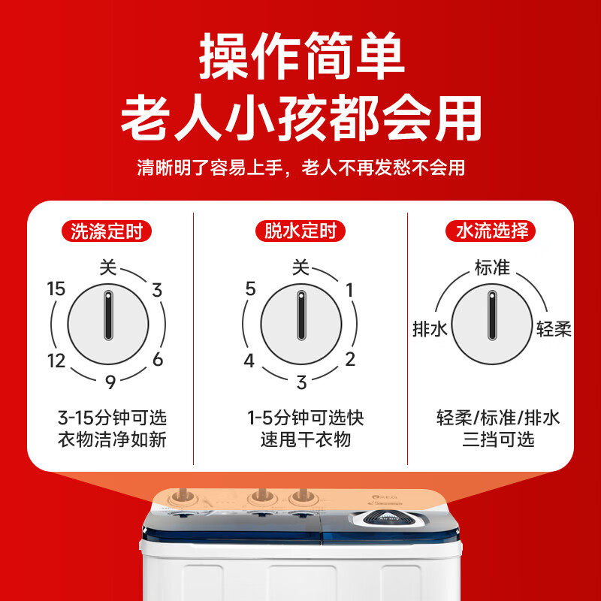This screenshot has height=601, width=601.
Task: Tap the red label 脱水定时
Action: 300,231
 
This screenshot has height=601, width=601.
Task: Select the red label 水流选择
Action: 492,231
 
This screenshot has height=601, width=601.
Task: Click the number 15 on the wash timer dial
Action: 56,289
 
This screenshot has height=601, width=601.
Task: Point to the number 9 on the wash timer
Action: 110,382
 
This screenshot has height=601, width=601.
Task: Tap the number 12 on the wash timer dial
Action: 56,361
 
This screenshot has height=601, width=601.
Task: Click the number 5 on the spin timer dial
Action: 251,289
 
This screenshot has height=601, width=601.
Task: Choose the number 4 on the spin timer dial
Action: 249,361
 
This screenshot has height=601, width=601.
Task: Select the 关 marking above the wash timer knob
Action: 109,267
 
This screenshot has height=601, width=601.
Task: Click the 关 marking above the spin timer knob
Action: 300,267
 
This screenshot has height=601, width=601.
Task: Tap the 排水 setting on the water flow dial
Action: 430,329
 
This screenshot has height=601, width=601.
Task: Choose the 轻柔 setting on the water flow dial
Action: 554,329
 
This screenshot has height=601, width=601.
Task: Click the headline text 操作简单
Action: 300,58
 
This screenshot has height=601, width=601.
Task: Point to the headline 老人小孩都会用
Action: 300,118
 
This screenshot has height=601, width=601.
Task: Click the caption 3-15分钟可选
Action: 111,418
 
